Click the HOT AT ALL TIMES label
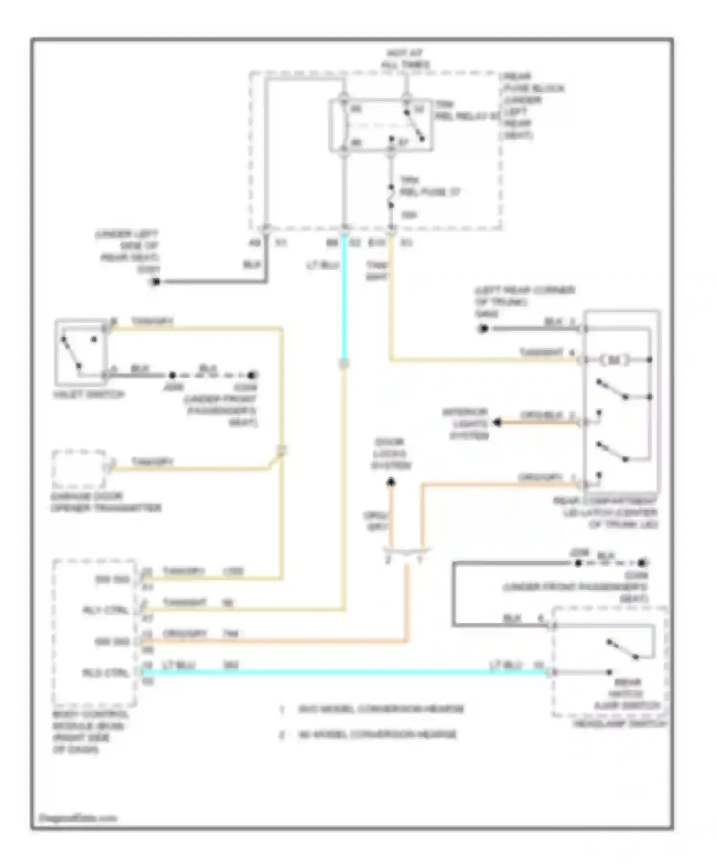click(x=405, y=58)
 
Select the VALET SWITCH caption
click(x=89, y=394)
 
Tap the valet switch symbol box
click(x=80, y=352)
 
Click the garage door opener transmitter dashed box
click(x=79, y=467)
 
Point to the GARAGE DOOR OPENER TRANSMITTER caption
click(x=106, y=502)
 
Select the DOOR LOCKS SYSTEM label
click(x=391, y=453)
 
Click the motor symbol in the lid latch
click(x=614, y=360)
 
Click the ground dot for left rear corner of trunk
click(x=483, y=329)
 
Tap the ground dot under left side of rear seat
click(x=155, y=281)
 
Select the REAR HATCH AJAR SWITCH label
click(x=626, y=693)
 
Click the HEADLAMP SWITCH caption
click(x=620, y=723)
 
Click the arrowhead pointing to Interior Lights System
click(x=498, y=423)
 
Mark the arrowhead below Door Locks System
click(x=391, y=482)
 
